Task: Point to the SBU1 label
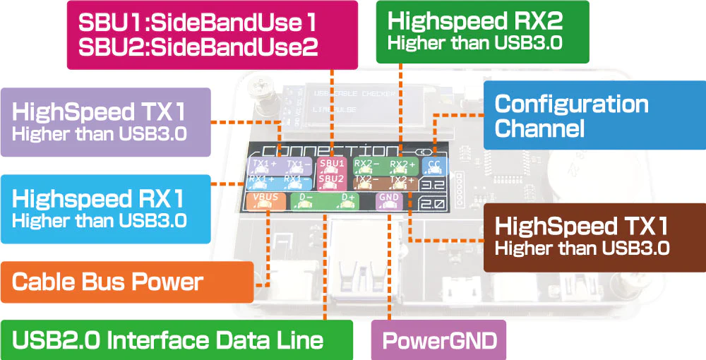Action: (x=331, y=164)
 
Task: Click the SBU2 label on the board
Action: (x=331, y=179)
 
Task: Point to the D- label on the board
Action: (x=306, y=198)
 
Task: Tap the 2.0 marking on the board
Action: (x=433, y=205)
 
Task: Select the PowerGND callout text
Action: (x=438, y=341)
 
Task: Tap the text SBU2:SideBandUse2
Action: (x=198, y=47)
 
